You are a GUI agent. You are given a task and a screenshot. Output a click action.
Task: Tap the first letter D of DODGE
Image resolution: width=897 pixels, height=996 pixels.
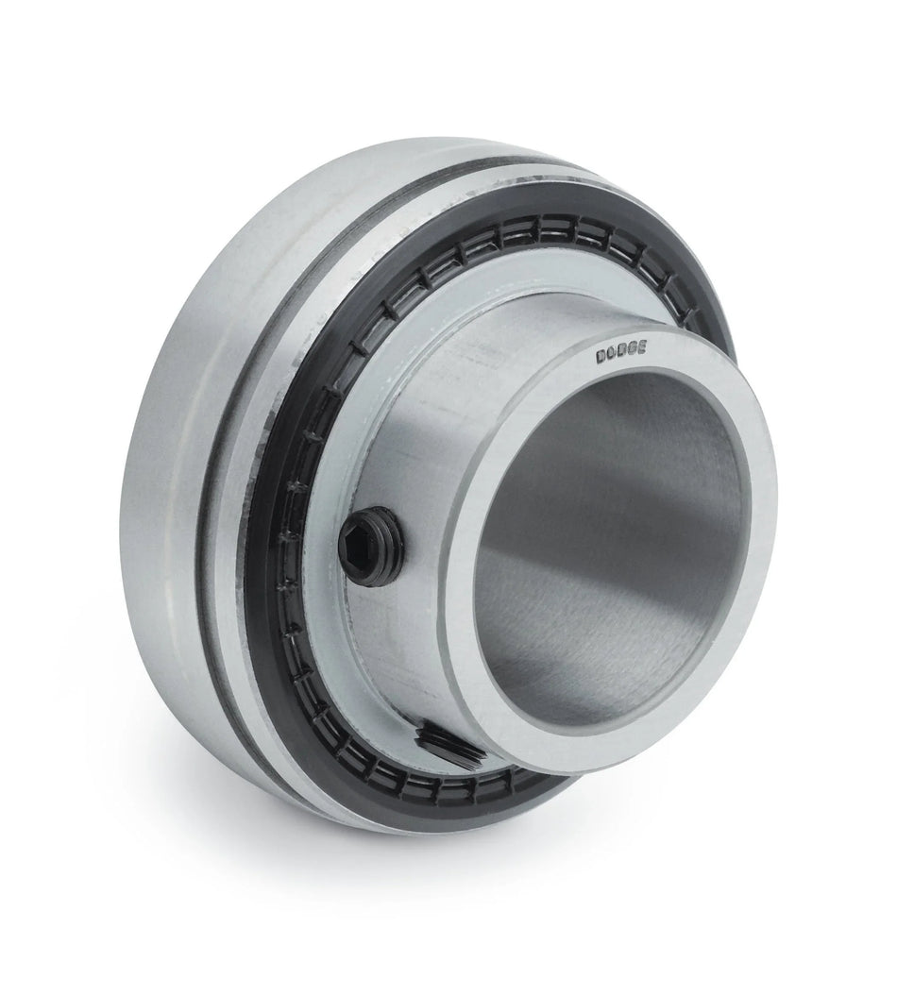pos(601,358)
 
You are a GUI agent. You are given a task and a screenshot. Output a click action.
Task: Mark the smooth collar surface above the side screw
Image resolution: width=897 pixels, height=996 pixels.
pos(444,415)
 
